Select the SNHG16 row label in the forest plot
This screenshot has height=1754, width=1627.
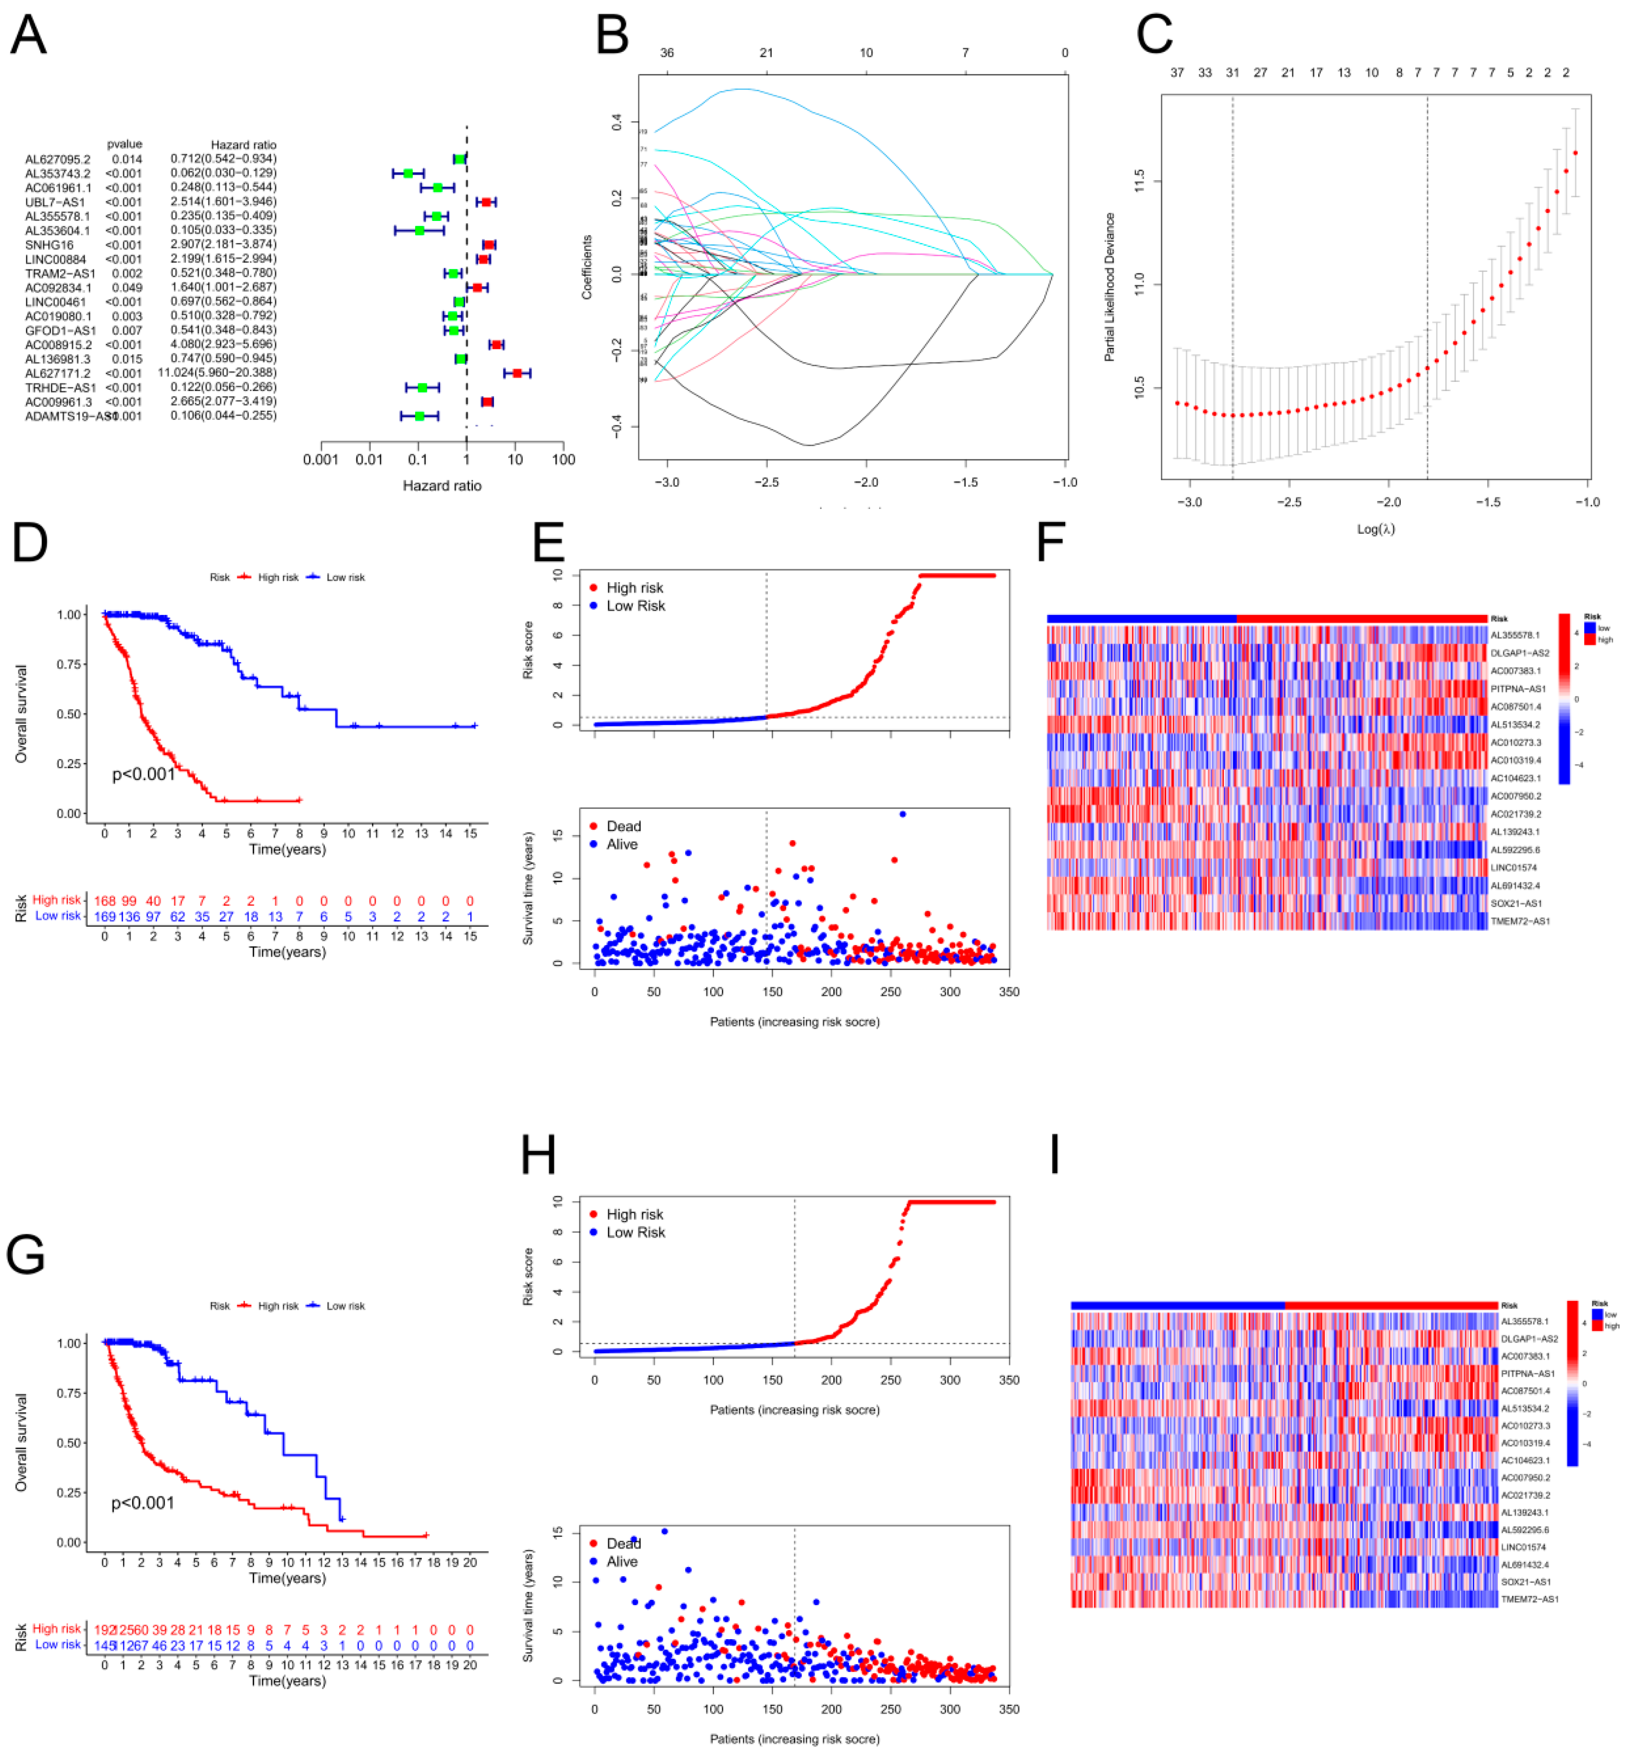(x=49, y=245)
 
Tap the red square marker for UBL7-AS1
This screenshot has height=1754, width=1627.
(x=486, y=202)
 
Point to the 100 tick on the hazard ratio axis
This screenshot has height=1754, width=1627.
(x=564, y=459)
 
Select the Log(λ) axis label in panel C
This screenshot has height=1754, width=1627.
(x=1375, y=529)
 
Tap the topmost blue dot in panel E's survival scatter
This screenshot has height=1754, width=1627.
(x=902, y=814)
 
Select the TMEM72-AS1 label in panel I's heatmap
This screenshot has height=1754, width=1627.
(x=1530, y=1599)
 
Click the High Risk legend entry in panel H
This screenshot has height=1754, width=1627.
(x=634, y=1214)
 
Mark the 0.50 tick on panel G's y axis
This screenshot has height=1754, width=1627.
(x=70, y=1443)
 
